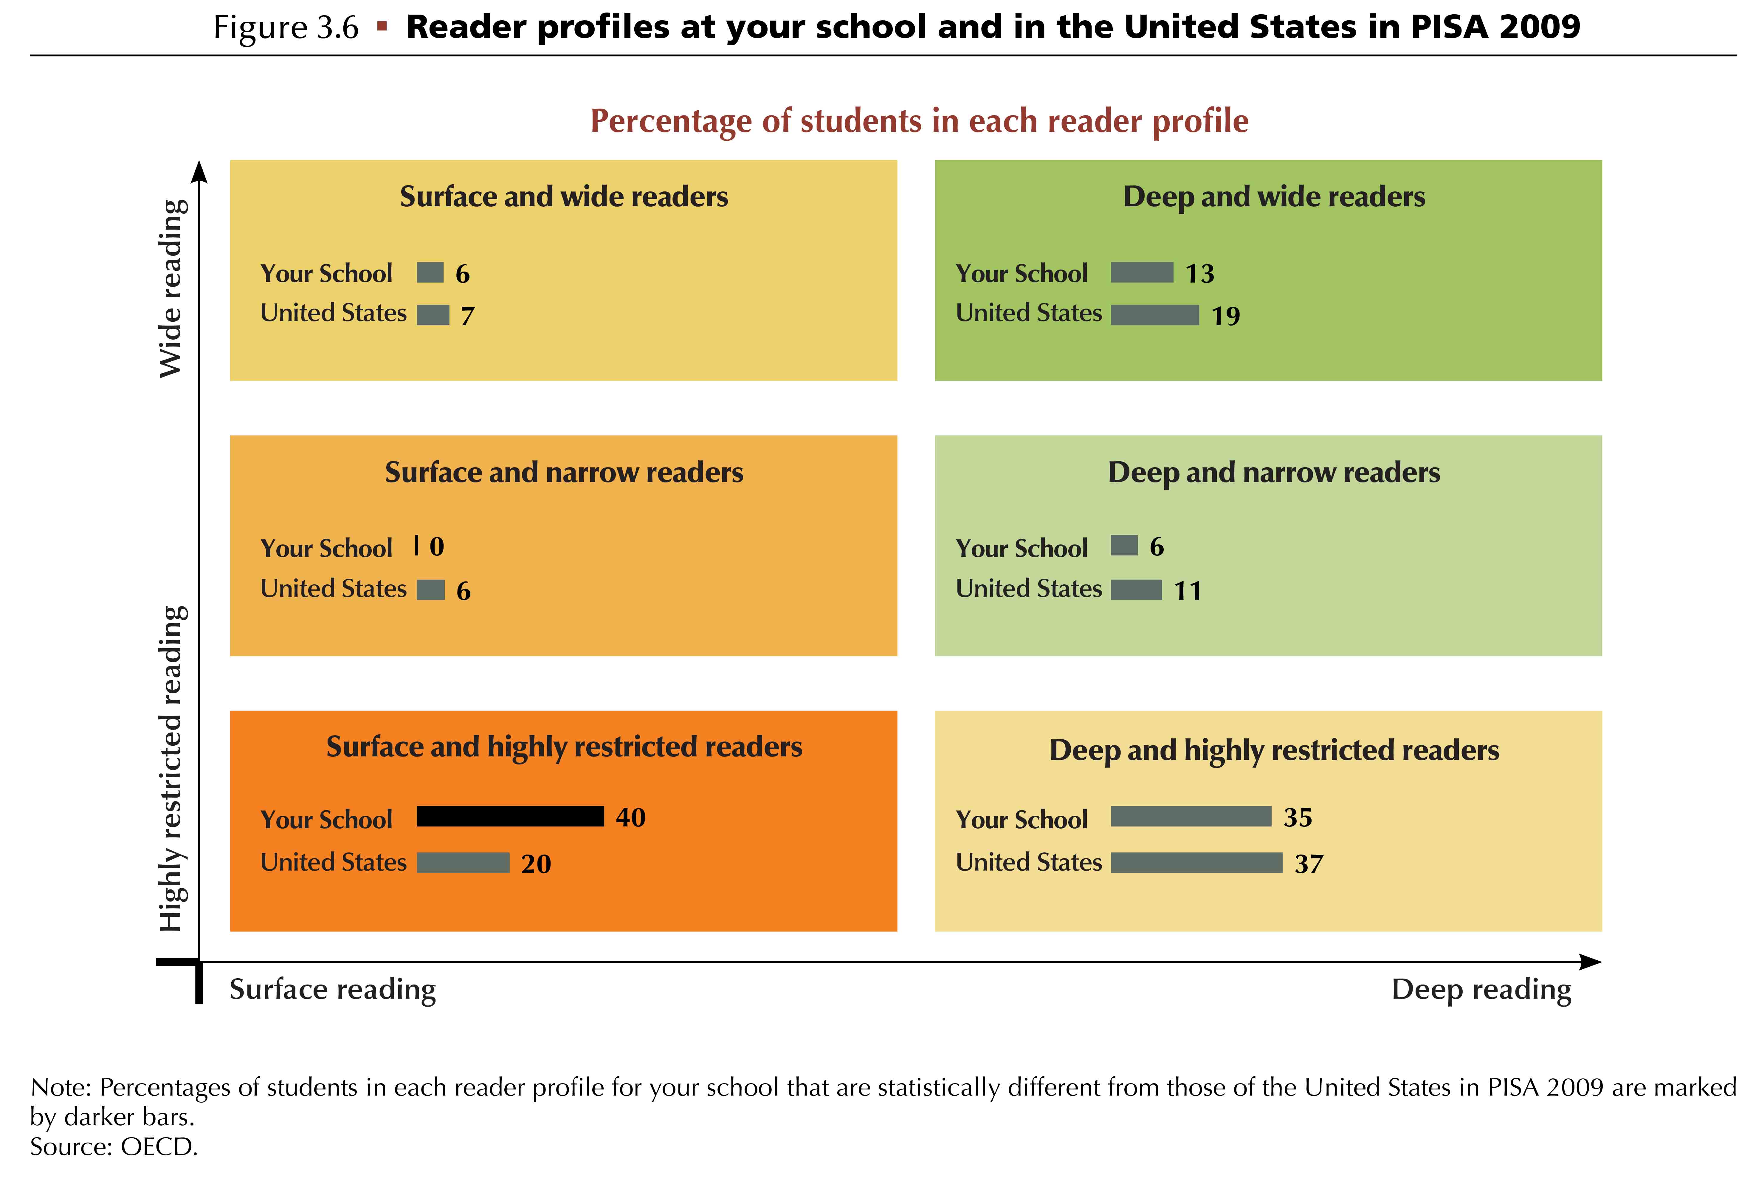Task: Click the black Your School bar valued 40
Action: (x=511, y=816)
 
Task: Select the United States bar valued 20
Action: (x=463, y=862)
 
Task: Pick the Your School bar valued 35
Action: (x=1191, y=816)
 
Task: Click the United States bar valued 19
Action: (x=1155, y=315)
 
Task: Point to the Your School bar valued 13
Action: (x=1142, y=272)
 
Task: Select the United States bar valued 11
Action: (x=1137, y=589)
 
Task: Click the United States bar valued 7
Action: (x=433, y=315)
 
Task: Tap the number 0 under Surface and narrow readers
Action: (x=437, y=546)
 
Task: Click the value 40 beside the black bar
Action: (x=631, y=817)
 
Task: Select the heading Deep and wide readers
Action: (x=1274, y=196)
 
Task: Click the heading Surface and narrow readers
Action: (x=564, y=472)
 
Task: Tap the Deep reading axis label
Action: (x=1481, y=989)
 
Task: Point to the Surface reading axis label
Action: (x=333, y=989)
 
